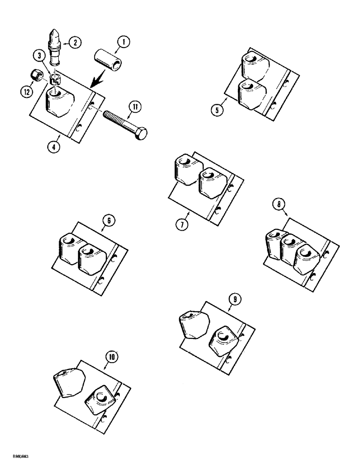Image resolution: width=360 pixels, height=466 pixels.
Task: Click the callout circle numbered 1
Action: (x=124, y=43)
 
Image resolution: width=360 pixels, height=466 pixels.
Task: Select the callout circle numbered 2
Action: (x=74, y=42)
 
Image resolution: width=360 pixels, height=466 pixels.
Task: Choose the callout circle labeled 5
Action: (x=216, y=110)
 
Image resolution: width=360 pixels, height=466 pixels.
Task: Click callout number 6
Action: (x=108, y=222)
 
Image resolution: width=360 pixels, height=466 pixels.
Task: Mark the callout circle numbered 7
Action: (x=182, y=224)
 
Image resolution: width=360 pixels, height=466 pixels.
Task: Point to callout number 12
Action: (x=27, y=92)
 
